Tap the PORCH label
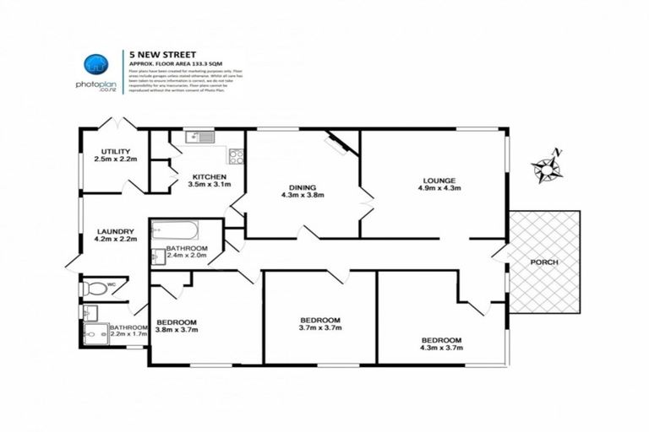click(x=543, y=262)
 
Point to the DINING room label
click(x=301, y=186)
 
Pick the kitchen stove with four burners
click(x=236, y=156)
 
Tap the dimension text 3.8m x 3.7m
click(x=176, y=331)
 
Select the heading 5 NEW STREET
click(x=156, y=51)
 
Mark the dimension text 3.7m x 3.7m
click(x=320, y=328)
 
